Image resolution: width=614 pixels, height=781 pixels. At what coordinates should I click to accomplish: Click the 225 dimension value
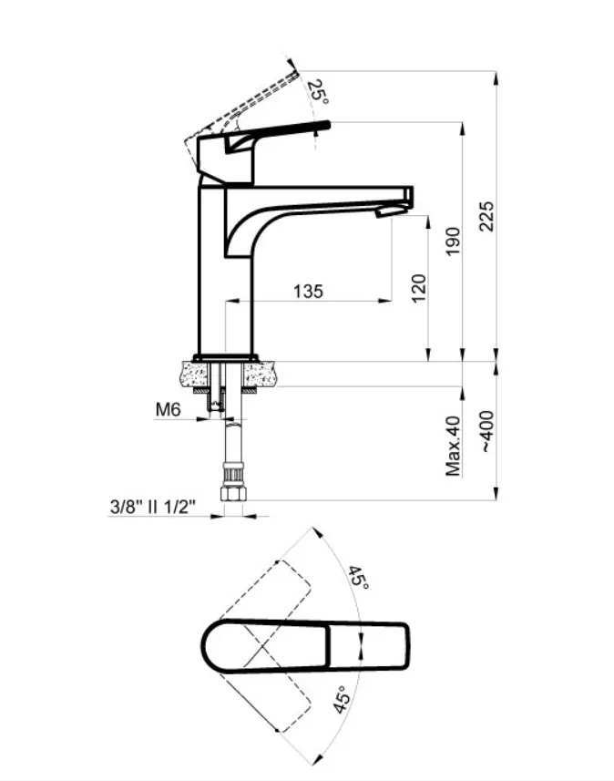[x=486, y=216]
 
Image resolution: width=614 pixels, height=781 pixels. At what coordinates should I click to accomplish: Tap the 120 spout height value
[x=419, y=288]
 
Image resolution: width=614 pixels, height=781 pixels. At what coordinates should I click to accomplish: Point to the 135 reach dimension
[x=308, y=292]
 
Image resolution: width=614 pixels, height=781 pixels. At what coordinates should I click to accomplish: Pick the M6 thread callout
[x=166, y=410]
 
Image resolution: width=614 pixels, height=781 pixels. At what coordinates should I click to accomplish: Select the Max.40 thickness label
[x=454, y=446]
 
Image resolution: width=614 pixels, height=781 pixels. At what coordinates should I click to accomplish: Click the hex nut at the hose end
[x=233, y=493]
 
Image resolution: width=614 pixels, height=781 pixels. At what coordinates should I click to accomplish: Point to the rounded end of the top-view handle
[x=207, y=649]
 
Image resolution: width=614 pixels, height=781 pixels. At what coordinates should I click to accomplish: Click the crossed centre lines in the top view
[x=262, y=649]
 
